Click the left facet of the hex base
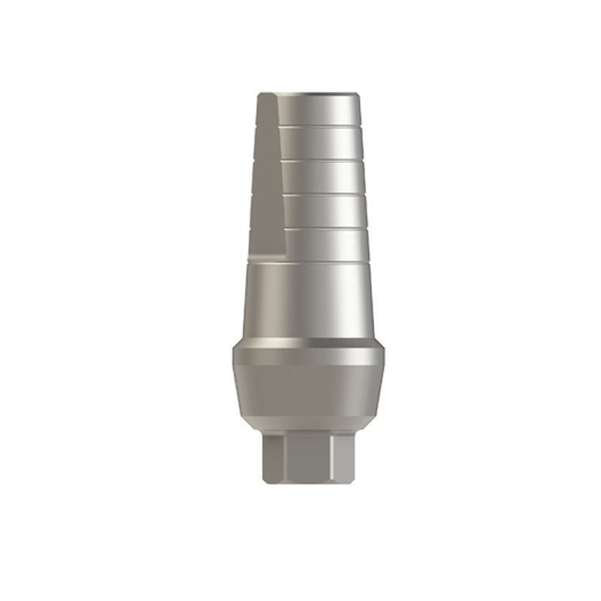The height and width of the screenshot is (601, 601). pos(273,458)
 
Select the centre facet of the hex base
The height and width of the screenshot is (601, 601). pos(308,458)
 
